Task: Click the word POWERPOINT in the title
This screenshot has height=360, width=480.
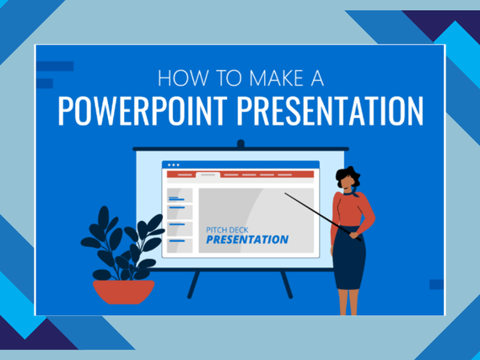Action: coord(143,110)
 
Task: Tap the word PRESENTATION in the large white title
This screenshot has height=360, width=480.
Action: coord(330,110)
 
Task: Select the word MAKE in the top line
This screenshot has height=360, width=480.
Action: coord(277,78)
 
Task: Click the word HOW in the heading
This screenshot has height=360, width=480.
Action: coord(183,78)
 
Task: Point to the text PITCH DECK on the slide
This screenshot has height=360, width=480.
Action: coord(227,230)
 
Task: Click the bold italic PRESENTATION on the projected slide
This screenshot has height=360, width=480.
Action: coord(247,239)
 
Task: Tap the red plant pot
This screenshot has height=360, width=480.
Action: coord(124,292)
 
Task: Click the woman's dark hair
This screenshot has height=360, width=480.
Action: coord(348,176)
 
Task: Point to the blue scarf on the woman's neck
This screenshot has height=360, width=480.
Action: coord(352,193)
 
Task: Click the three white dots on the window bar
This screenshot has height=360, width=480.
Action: coord(174,165)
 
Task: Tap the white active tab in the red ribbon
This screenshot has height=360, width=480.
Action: coord(208,175)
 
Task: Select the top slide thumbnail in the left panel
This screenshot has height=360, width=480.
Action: coord(180,196)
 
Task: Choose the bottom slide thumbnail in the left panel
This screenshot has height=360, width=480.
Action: coord(180,245)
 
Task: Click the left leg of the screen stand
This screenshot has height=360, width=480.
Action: coord(193,284)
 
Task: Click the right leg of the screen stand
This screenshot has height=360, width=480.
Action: coord(287,284)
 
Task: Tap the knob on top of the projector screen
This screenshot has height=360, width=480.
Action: coord(241,144)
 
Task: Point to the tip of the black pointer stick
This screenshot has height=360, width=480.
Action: coord(285,193)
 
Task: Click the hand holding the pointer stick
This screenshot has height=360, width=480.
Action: coord(354,235)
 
